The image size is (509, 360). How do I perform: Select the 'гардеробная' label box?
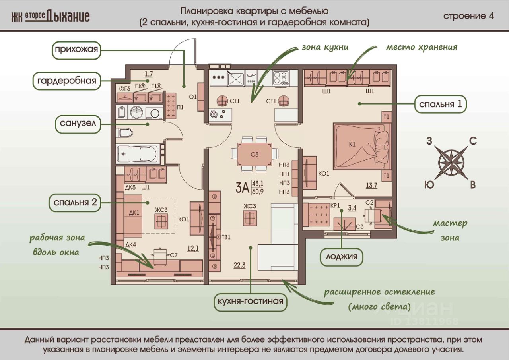pyautogui.click(x=66, y=81)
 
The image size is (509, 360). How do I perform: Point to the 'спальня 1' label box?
pyautogui.click(x=440, y=104)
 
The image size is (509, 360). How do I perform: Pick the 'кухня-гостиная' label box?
pyautogui.click(x=250, y=301)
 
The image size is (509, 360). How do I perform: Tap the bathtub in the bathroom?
pyautogui.click(x=138, y=153)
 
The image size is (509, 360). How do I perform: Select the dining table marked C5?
pyautogui.click(x=254, y=155)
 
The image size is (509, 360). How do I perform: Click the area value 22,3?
pyautogui.click(x=239, y=266)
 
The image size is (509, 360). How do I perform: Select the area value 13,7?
pyautogui.click(x=371, y=185)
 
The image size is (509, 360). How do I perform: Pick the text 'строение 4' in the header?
pyautogui.click(x=468, y=16)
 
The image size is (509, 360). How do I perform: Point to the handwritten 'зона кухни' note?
pyautogui.click(x=325, y=47)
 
